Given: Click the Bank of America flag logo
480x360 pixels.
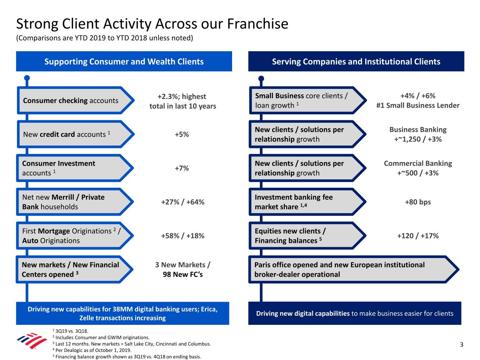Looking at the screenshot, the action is coord(32,341).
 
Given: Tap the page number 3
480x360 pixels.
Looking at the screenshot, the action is coord(462,345).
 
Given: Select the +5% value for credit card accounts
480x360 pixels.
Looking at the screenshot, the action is coord(182,134).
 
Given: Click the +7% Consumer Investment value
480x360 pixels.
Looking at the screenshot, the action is coord(182,168).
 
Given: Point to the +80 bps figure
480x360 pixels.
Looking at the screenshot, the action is coord(418,202).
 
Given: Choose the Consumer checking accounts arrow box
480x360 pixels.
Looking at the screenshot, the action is coord(76,100).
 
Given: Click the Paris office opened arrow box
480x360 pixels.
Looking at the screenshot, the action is coord(354,270).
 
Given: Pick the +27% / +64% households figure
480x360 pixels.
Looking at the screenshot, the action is coord(183,202).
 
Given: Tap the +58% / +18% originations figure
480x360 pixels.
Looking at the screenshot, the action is coord(183,236).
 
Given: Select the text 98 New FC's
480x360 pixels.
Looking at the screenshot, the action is coord(183,274).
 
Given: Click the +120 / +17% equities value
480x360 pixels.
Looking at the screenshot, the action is coord(418,236).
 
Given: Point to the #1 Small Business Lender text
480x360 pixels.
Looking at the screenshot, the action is coord(418,105).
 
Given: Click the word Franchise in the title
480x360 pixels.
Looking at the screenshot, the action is coord(258,24).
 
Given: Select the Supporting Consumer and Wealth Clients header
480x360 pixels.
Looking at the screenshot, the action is coord(124,62).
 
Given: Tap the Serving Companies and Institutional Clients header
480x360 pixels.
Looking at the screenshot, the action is coord(356,62).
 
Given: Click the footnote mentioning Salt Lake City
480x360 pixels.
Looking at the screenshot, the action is coord(132,344).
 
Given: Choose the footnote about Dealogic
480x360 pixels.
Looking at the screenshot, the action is coord(92,350).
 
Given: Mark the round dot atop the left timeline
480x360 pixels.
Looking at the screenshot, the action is coord(27,78).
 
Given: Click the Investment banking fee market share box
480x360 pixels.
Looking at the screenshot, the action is coord(308,202).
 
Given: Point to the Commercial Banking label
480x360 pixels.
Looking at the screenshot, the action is coord(418,163).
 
